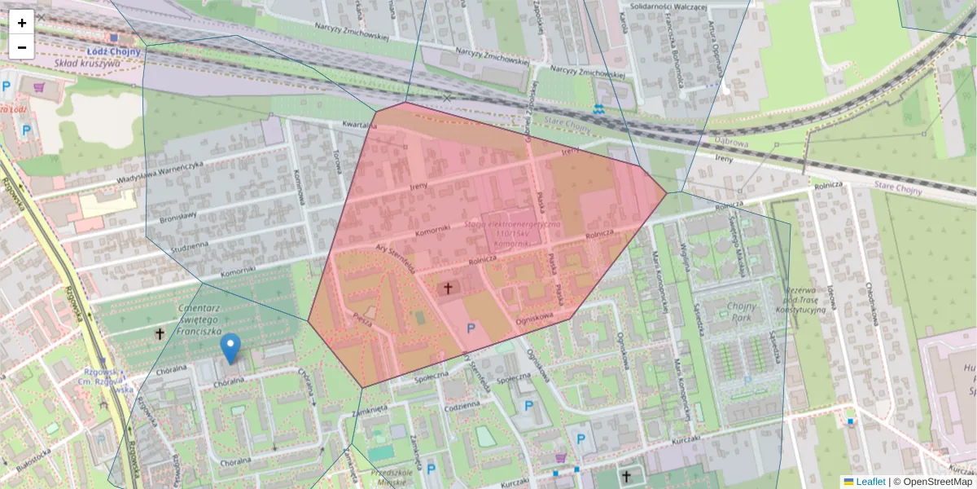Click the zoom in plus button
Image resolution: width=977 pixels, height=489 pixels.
pos(22,23)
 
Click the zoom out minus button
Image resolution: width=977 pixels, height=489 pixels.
pos(22,47)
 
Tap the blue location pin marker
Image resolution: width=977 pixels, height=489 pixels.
pos(231,348)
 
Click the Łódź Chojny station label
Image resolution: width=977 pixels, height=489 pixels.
pos(114,51)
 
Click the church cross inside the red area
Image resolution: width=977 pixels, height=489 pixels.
pos(446,288)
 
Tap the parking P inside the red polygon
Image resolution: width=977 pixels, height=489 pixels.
pos(471,328)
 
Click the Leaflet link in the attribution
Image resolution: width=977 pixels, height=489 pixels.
pos(870,482)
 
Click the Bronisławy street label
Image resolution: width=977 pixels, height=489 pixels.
pos(182,220)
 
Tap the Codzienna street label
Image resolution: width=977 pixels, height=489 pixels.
pos(462,404)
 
